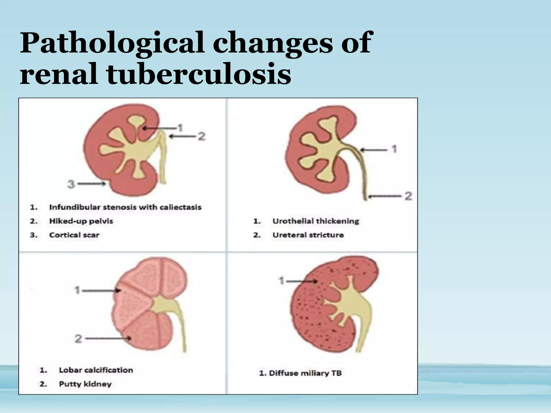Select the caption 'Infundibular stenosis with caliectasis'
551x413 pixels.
(125, 207)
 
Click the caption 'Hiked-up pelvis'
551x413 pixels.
(81, 221)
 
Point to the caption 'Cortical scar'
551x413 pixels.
(74, 235)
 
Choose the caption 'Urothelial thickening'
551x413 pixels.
(316, 221)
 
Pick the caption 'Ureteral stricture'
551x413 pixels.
(308, 235)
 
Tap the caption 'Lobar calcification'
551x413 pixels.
(96, 370)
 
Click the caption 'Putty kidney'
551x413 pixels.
(85, 384)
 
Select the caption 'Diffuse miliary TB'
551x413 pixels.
(300, 373)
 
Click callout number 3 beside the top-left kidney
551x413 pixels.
(71, 184)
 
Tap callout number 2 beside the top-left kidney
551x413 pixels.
(202, 136)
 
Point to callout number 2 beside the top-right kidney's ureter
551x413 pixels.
(408, 196)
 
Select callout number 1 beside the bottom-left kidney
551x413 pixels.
(77, 290)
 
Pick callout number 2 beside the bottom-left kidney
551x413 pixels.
(78, 339)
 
